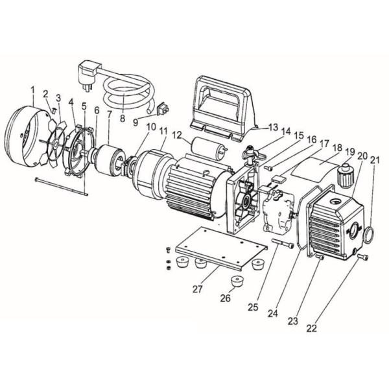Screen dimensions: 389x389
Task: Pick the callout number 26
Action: [225, 299]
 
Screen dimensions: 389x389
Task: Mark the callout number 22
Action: [312, 328]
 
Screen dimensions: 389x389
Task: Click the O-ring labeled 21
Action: [367, 235]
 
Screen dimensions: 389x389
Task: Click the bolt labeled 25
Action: [284, 245]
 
